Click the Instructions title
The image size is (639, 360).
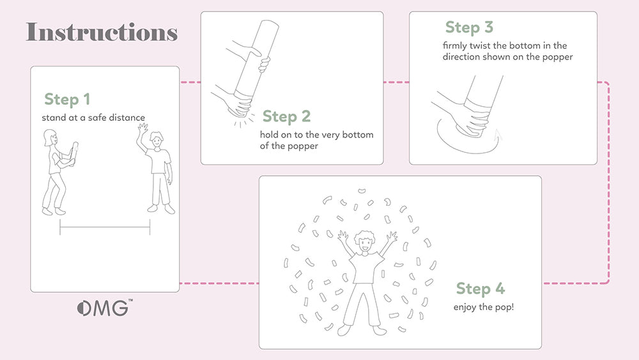pos(102,32)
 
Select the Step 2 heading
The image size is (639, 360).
pos(287,116)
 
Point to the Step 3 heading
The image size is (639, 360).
pos(470,27)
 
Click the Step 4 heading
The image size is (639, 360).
pos(480,289)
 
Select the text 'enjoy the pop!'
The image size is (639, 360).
pos(484,307)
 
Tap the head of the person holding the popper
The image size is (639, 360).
pos(50,137)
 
